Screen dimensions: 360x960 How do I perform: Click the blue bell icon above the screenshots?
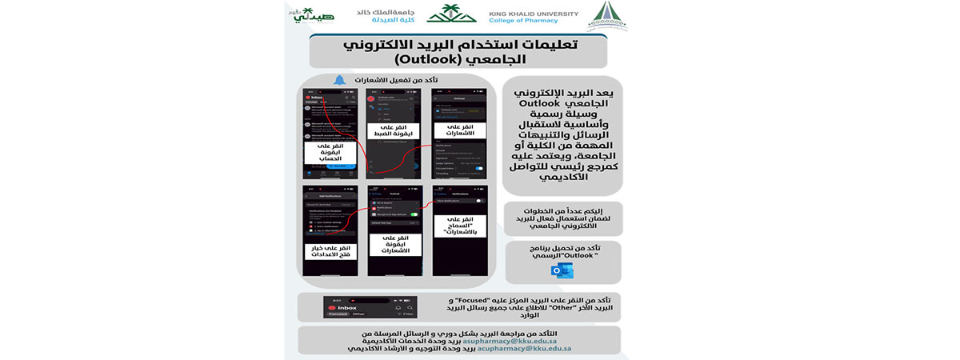(x=339, y=81)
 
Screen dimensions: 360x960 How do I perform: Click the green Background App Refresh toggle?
(x=414, y=215)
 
